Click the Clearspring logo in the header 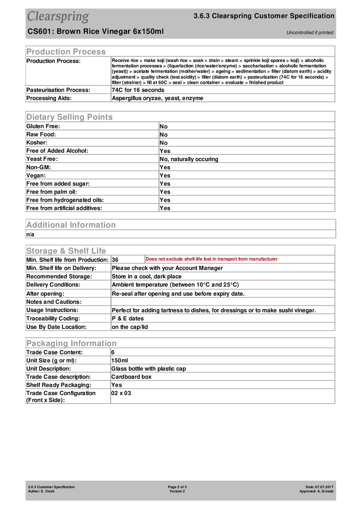(58, 16)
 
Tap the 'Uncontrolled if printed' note (310, 33)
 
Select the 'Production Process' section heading (66, 52)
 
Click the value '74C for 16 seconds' (138, 90)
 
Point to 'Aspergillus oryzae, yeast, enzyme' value (157, 98)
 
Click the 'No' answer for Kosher (163, 143)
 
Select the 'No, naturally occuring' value (189, 159)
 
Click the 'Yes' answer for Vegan (165, 176)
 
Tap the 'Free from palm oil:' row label (52, 192)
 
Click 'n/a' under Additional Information (30, 235)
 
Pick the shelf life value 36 (115, 260)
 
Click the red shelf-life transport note (211, 259)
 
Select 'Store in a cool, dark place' (147, 277)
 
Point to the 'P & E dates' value (128, 319)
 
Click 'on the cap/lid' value (130, 327)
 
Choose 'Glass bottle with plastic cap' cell (149, 369)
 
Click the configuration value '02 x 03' (121, 393)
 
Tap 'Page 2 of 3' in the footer (177, 487)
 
